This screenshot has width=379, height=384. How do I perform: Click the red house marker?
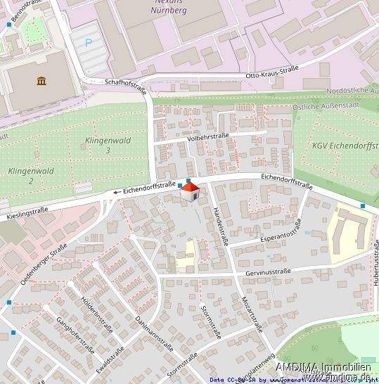point(189,192)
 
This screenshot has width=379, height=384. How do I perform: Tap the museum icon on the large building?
point(42,82)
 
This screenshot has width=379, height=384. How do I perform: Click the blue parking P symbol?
point(89,42)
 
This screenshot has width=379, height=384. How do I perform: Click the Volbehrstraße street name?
point(210,139)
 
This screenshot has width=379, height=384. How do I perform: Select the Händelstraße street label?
point(219,224)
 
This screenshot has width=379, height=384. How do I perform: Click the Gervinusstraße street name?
point(268,271)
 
